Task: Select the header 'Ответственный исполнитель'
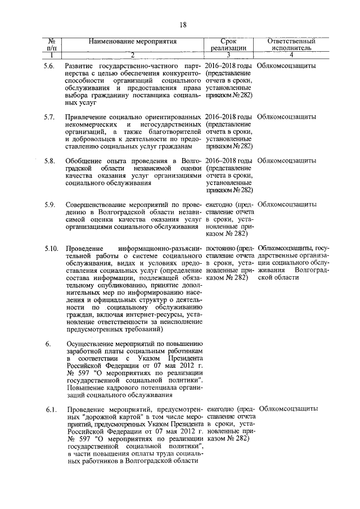(290, 45)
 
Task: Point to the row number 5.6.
(49, 66)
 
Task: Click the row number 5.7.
(49, 116)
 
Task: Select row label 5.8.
(49, 160)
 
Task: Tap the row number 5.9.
(49, 204)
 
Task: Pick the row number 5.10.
(51, 248)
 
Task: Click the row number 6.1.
(49, 409)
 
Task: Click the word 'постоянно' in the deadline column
(221, 248)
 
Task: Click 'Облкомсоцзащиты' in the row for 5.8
(286, 160)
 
